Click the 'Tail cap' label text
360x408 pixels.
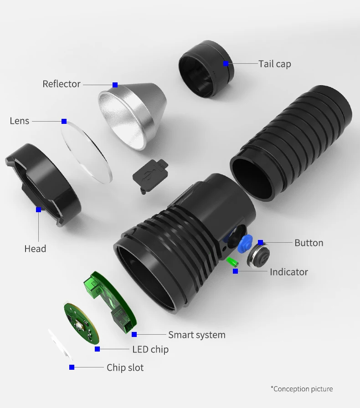click(275, 64)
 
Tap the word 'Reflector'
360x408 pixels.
click(62, 84)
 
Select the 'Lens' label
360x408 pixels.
click(20, 121)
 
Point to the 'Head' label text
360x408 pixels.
click(35, 249)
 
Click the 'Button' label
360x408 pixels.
click(309, 243)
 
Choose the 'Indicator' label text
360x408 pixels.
click(289, 272)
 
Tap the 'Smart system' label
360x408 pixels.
click(197, 335)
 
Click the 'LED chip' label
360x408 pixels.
click(150, 349)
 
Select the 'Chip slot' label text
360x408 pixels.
click(125, 367)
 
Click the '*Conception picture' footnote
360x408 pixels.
click(302, 389)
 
